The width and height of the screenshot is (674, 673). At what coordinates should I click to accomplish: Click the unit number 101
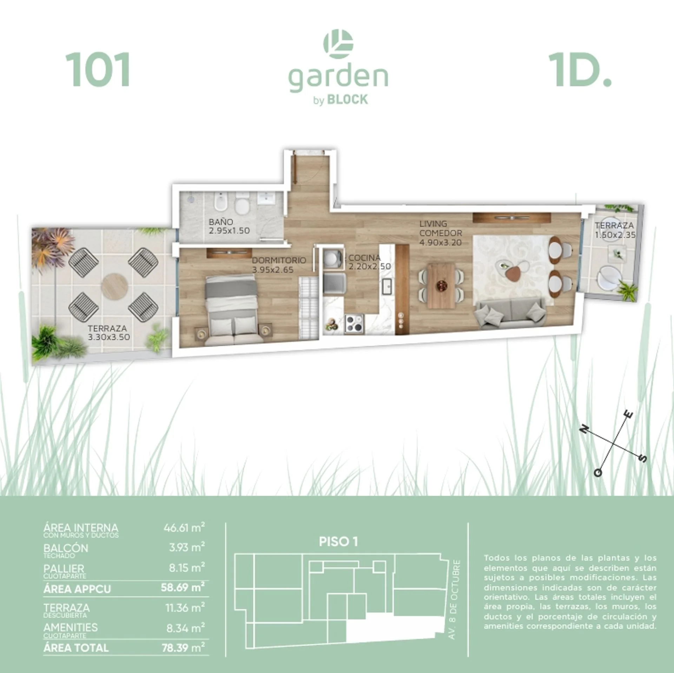[98, 69]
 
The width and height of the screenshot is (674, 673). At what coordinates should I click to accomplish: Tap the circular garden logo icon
[338, 44]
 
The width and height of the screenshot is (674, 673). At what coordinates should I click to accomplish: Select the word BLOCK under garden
[348, 100]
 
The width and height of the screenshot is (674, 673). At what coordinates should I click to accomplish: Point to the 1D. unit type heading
[580, 69]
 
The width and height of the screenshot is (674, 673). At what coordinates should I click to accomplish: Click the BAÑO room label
[221, 222]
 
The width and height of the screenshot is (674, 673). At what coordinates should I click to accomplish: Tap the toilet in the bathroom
[242, 205]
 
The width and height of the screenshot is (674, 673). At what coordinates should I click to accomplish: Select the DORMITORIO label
[279, 260]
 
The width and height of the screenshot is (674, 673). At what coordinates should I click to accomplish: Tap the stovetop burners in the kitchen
[354, 323]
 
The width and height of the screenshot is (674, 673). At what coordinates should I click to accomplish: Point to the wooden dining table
[441, 286]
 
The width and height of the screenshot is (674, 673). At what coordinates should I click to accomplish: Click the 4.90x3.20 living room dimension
[441, 242]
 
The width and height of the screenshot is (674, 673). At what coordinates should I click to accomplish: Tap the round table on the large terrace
[114, 286]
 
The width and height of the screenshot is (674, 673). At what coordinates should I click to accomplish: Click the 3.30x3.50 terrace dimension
[109, 337]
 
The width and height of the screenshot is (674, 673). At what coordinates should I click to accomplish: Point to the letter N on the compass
[584, 429]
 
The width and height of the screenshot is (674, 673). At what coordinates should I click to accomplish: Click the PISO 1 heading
[338, 541]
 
